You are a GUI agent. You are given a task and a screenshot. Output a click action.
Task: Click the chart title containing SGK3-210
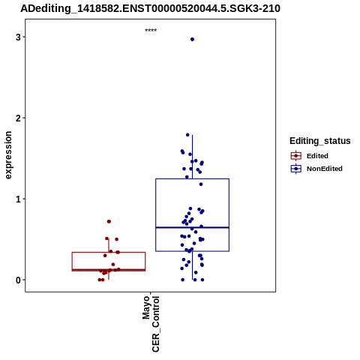[x=150, y=9]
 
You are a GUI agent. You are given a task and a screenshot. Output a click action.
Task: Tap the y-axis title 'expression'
[x=8, y=155]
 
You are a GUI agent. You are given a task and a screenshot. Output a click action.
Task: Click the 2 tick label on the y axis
[x=18, y=118]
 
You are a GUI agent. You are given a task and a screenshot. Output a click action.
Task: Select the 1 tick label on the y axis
[x=18, y=199]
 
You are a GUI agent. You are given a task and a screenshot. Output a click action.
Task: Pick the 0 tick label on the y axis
[x=18, y=280]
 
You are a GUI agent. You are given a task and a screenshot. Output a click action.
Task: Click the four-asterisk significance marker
[x=151, y=30]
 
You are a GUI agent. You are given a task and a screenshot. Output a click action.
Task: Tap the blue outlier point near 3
[x=192, y=39]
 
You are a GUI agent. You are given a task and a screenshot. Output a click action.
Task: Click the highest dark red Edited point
[x=109, y=221]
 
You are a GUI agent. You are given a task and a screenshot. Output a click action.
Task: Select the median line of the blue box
[x=192, y=227]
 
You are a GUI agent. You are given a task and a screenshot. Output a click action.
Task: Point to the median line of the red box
[x=109, y=270]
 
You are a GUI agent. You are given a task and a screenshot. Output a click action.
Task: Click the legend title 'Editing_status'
[x=319, y=141]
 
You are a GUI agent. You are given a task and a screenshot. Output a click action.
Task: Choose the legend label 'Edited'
[x=317, y=156]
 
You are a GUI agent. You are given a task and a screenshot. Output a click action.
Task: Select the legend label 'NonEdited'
[x=325, y=169]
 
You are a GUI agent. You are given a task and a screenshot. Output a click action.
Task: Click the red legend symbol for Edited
[x=296, y=156]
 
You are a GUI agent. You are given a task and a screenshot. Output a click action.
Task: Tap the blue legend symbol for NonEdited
[x=296, y=169]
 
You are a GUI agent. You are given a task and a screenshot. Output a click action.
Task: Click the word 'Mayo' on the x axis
[x=146, y=307]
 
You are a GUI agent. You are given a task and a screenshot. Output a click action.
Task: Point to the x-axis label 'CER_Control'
[x=155, y=324]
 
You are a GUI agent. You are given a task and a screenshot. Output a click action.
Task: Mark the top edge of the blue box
[x=192, y=178]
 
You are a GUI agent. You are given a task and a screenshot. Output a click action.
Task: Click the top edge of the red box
[x=109, y=252]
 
